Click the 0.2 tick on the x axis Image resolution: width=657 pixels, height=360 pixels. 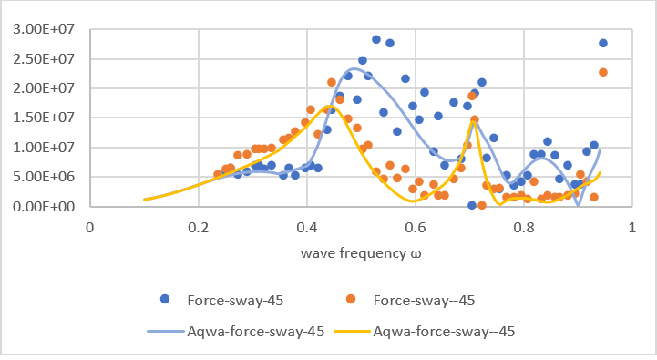[x=198, y=226]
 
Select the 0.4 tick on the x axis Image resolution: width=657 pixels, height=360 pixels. [x=306, y=226]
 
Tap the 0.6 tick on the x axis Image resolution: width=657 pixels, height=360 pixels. [x=415, y=226]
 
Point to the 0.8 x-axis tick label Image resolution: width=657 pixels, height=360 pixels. [x=523, y=226]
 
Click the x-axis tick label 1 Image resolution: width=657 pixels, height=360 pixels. [x=631, y=226]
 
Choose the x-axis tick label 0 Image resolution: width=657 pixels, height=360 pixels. [x=89, y=226]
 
